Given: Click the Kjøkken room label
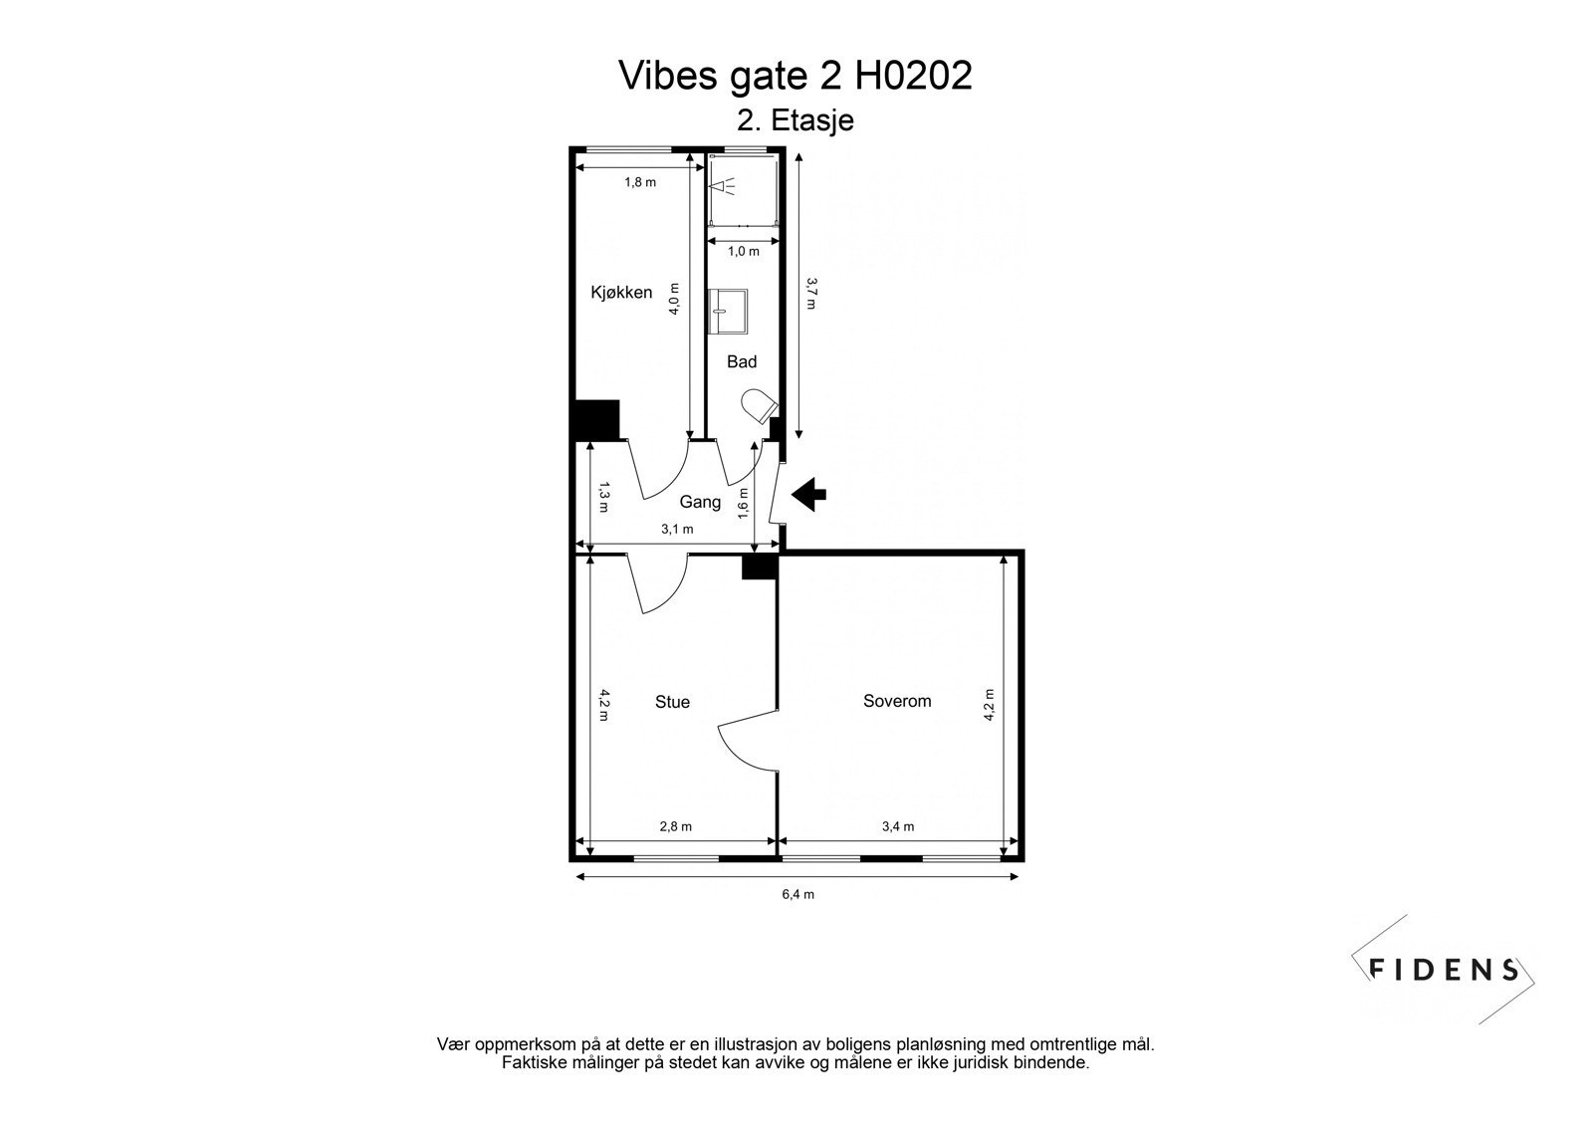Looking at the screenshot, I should click(621, 292).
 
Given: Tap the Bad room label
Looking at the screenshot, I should click(741, 361).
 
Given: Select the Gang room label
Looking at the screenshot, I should click(700, 502).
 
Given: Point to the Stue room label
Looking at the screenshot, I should click(672, 702).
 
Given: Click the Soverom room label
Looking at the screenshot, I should click(897, 701).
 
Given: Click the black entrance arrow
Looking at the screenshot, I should click(808, 493).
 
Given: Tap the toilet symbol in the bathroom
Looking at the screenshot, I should click(758, 406).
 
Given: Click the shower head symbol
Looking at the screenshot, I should click(724, 185).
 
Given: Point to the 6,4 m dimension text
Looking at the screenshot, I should click(797, 894).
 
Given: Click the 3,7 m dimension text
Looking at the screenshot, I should click(811, 293).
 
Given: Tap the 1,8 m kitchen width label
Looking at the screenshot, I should click(640, 182).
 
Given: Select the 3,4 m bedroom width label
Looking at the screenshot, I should click(898, 826).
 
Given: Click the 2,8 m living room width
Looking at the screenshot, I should click(675, 826).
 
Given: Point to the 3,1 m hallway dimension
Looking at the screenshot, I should click(676, 529).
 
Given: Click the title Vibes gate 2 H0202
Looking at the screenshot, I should click(796, 76).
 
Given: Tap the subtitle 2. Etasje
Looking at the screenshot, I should click(796, 120).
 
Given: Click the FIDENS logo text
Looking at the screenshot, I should click(1444, 969).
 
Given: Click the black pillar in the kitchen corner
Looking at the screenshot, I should click(597, 419).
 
